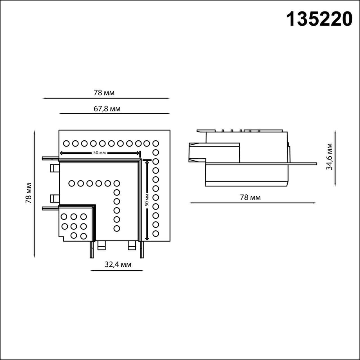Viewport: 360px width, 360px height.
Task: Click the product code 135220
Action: pyautogui.click(x=319, y=19)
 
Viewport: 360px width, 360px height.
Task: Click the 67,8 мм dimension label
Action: pyautogui.click(x=107, y=109)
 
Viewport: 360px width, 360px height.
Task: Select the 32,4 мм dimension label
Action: pyautogui.click(x=118, y=264)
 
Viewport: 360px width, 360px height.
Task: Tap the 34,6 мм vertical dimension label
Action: pyautogui.click(x=329, y=157)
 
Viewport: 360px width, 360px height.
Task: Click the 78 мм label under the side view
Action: pyautogui.click(x=250, y=197)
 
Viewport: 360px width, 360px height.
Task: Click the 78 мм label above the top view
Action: pyautogui.click(x=104, y=93)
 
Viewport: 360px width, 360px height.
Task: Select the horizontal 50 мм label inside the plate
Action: pyautogui.click(x=100, y=153)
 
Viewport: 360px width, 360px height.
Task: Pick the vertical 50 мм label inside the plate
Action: pyautogui.click(x=147, y=199)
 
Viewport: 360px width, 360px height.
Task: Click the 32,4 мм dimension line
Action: pyautogui.click(x=117, y=271)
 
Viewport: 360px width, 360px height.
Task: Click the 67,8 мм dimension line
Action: pyautogui.click(x=114, y=113)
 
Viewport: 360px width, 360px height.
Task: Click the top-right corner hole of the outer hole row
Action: pyautogui.click(x=156, y=143)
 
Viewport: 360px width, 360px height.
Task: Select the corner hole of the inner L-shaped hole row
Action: pyautogui.click(x=116, y=183)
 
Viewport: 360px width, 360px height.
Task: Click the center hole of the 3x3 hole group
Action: pyautogui.click(x=74, y=226)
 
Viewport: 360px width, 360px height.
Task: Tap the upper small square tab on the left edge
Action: pyautogui.click(x=54, y=168)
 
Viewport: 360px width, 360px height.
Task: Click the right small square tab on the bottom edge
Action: pyautogui.click(x=132, y=246)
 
